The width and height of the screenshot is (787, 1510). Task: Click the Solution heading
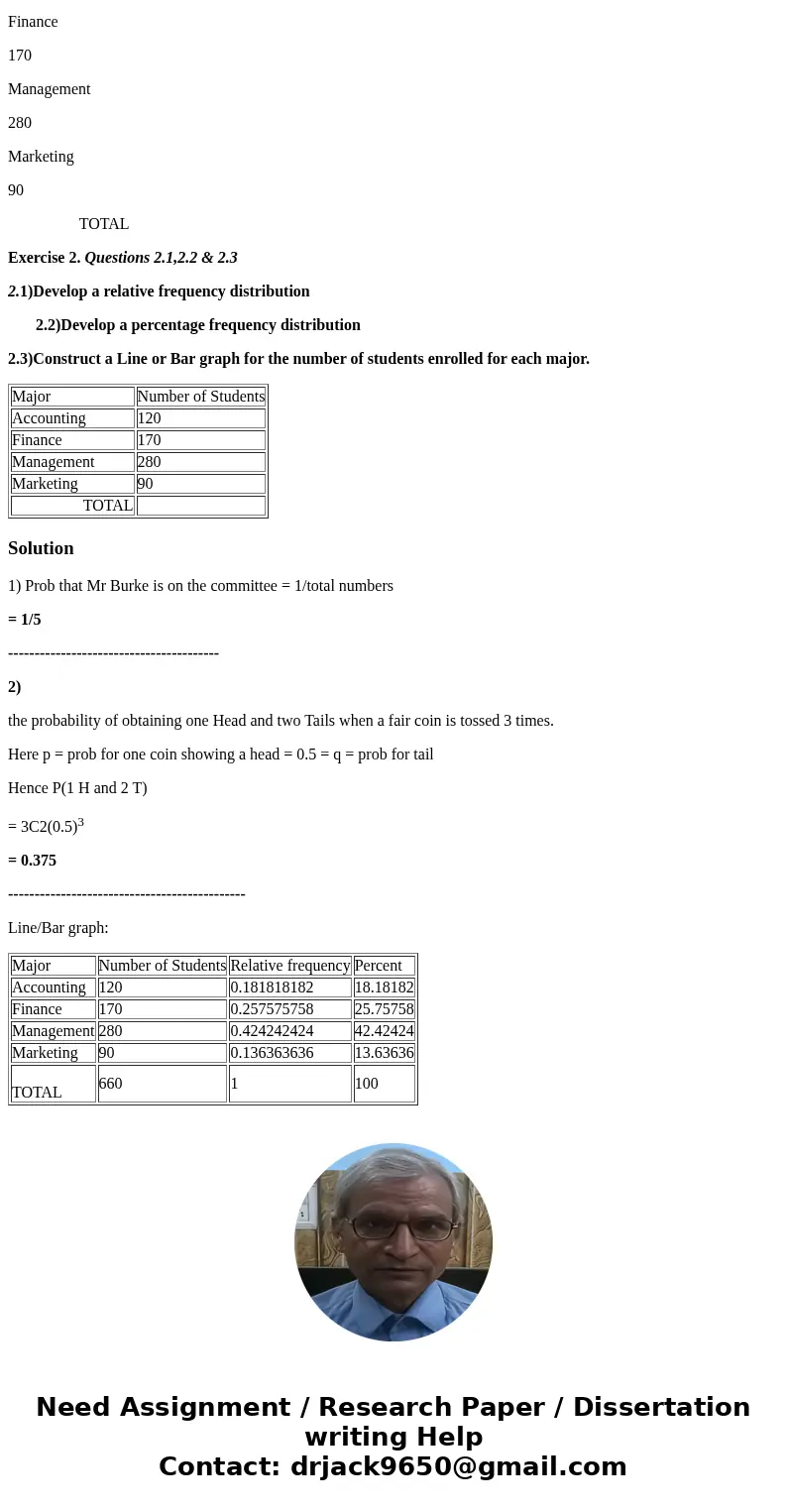point(41,548)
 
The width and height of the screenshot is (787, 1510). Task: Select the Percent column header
point(378,966)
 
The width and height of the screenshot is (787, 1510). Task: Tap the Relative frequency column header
point(289,966)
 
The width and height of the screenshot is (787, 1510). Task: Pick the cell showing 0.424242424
point(272,1031)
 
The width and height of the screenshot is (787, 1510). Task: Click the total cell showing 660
point(110,1084)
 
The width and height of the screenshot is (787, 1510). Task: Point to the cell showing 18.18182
point(384,987)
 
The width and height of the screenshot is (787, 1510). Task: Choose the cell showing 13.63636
point(384,1053)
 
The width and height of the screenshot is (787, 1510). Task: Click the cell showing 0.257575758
point(272,1009)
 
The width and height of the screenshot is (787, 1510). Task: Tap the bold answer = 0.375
point(32,861)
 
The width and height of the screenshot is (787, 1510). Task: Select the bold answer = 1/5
point(25,620)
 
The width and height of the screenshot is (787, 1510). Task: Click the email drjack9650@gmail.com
point(458,1467)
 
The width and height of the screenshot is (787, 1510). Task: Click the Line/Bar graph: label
point(57,928)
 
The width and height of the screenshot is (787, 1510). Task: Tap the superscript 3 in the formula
point(80,822)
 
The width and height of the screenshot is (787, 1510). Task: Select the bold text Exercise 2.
point(44,258)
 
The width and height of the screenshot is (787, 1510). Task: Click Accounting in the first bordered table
point(49,418)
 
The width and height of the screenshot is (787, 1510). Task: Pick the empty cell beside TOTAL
point(201,506)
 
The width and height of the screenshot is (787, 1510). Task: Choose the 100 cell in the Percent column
point(367,1084)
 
